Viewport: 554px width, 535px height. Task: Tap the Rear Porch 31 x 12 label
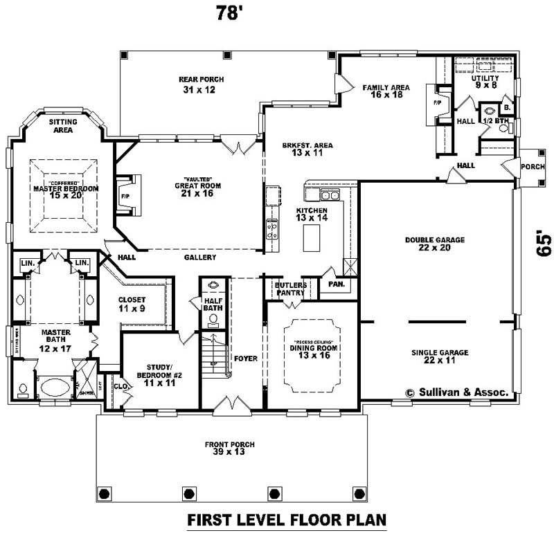pyautogui.click(x=202, y=85)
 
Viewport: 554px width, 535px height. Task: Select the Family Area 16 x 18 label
pyautogui.click(x=386, y=92)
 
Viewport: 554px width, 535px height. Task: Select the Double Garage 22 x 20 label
pyautogui.click(x=434, y=244)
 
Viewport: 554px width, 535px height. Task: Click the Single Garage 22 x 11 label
pyautogui.click(x=439, y=356)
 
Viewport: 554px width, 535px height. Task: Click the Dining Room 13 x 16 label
pyautogui.click(x=313, y=352)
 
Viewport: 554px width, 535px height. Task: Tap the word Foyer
pyautogui.click(x=245, y=359)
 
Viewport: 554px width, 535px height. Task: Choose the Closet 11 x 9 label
pyautogui.click(x=131, y=304)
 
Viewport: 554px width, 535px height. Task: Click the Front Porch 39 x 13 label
pyautogui.click(x=229, y=448)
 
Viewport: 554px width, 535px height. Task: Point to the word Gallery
pyautogui.click(x=200, y=257)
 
